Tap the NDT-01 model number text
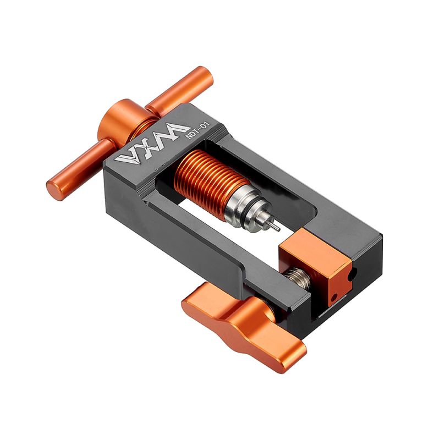(x=198, y=129)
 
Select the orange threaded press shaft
(x=211, y=177)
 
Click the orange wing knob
(x=244, y=326)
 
